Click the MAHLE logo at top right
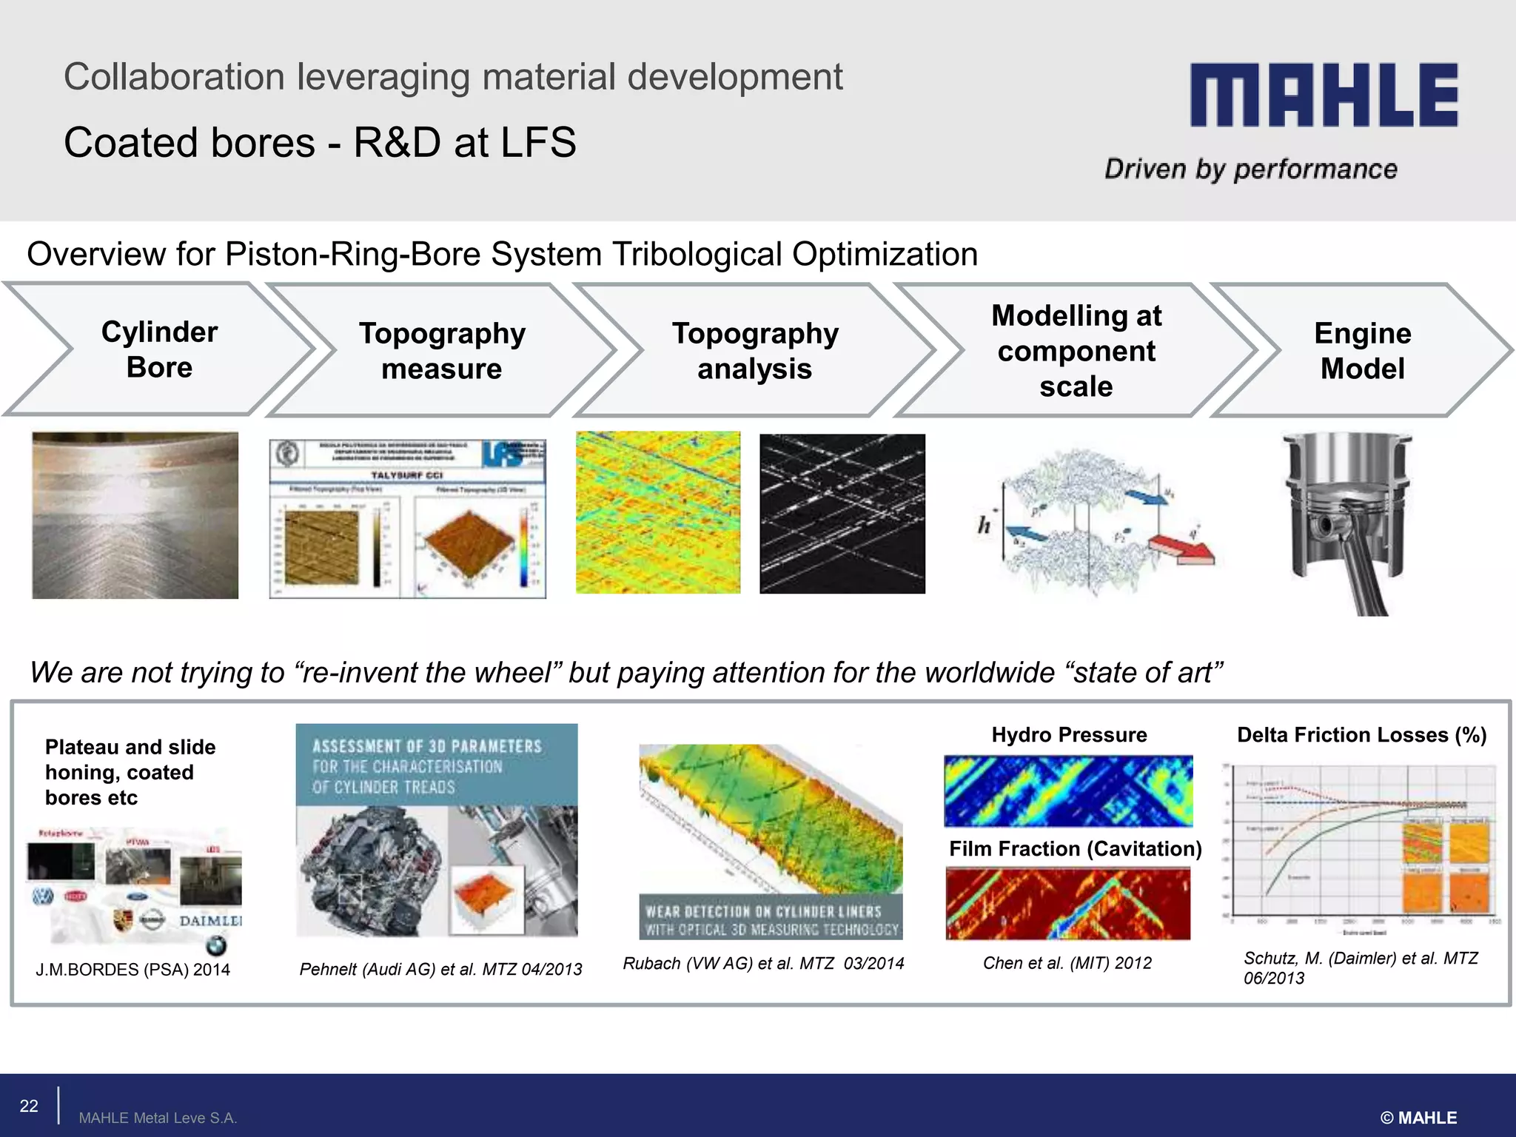point(1324,95)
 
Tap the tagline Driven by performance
point(1250,170)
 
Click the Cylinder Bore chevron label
point(159,349)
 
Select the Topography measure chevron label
point(442,351)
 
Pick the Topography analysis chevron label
point(755,351)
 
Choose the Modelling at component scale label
point(1076,351)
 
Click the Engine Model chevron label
point(1362,351)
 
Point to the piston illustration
point(1347,522)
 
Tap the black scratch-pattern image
point(842,514)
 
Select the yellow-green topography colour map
point(658,512)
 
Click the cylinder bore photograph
point(135,515)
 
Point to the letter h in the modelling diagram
point(984,526)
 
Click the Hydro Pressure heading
point(1069,734)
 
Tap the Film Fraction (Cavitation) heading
point(1075,848)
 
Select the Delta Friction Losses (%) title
point(1361,734)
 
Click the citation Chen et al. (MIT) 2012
point(1067,963)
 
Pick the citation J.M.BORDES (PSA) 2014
point(133,970)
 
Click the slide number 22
point(29,1106)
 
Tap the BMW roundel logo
point(216,945)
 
